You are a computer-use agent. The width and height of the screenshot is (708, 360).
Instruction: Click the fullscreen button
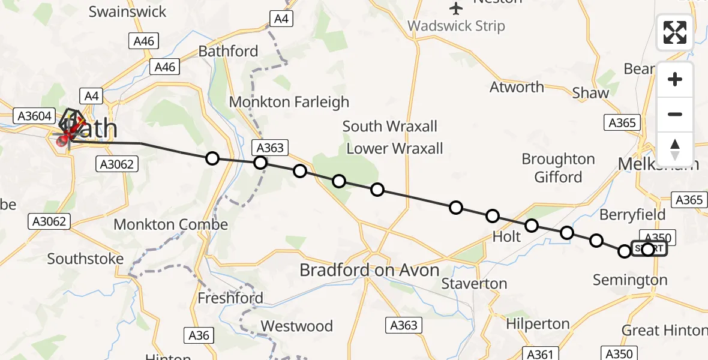point(675,32)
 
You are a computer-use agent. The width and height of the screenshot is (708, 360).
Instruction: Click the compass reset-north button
point(675,149)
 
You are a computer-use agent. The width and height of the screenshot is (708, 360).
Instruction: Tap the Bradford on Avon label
point(370,271)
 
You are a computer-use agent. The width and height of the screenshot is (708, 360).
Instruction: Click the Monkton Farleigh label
point(289,102)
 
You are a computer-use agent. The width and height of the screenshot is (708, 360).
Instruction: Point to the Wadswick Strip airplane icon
point(457,8)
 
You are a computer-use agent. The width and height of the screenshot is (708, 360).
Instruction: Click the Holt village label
point(506,237)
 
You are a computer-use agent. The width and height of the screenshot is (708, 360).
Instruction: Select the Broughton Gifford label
point(558,168)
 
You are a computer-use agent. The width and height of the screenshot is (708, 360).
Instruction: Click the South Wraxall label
point(390,127)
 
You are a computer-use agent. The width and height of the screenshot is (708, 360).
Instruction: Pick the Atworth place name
point(517,87)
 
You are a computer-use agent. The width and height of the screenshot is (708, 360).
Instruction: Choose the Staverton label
point(474,283)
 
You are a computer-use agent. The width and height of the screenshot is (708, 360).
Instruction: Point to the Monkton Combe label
point(171,225)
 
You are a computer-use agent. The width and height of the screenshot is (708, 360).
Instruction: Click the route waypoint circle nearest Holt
point(531,226)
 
